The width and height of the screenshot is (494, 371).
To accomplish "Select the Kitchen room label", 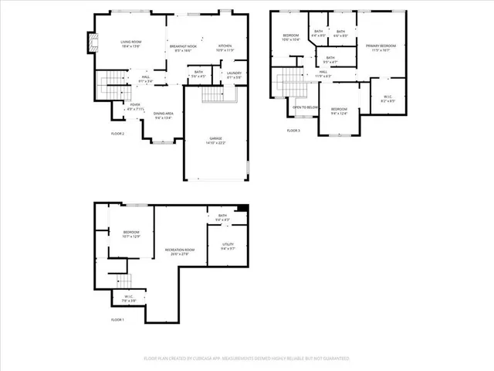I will [225, 47].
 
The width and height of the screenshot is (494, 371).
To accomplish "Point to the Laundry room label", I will [234, 74].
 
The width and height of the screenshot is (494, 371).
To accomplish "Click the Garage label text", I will [215, 141].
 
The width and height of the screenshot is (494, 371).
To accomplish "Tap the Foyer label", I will [135, 107].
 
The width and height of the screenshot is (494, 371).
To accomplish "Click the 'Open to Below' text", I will [305, 107].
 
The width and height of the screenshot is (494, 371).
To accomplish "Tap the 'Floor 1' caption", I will [117, 319].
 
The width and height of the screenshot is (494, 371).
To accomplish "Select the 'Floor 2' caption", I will [117, 134].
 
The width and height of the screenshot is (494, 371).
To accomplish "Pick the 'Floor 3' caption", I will [293, 131].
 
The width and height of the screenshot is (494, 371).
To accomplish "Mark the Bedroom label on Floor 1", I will [131, 234].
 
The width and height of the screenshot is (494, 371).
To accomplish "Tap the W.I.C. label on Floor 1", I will [129, 298].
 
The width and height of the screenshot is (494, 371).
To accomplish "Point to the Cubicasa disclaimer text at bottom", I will [247, 359].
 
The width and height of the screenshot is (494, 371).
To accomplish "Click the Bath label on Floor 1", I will [223, 218].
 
